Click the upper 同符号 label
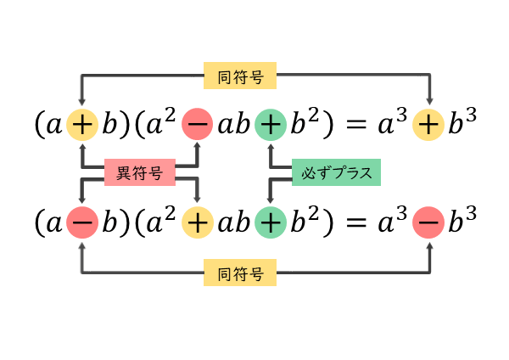240,77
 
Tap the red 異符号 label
139,174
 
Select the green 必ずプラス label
336,174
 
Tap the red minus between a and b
81,222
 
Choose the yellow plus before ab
198,222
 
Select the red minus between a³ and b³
428,222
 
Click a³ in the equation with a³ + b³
391,125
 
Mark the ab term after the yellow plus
233,223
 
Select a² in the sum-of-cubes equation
161,125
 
